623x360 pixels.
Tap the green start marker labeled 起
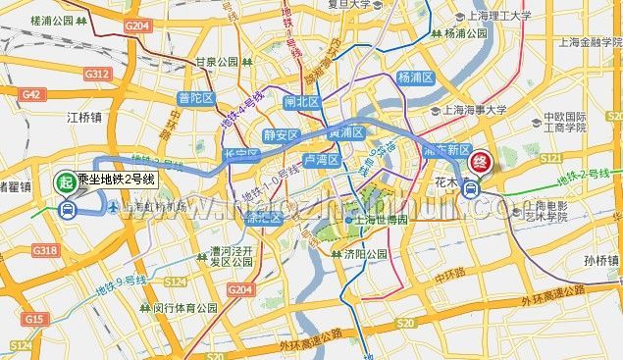tap(66, 180)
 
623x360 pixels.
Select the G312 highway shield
tap(96, 74)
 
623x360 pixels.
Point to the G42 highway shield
tap(29, 94)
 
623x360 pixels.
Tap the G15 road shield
tap(34, 319)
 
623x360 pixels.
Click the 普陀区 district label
tap(196, 97)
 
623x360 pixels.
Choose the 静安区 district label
tap(282, 135)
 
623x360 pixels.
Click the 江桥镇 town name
tap(84, 118)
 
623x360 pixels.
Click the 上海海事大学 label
tap(476, 111)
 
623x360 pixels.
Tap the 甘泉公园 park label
tap(218, 61)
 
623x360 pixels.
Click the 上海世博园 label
tap(375, 220)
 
